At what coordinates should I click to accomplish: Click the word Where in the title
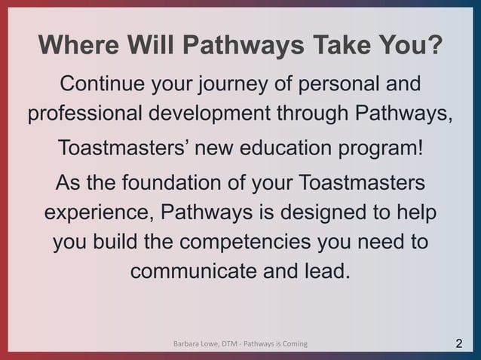(75, 47)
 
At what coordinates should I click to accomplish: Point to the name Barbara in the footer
(188, 344)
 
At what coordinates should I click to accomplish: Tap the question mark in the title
(434, 47)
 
